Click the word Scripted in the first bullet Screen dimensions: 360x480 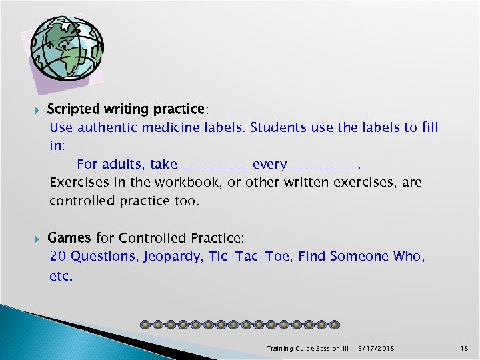click(72, 109)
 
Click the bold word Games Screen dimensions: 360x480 click(70, 237)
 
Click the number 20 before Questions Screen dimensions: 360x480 click(57, 256)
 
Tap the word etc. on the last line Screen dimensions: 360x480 click(61, 275)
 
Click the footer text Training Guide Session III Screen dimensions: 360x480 click(307, 348)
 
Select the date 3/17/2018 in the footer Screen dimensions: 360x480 click(376, 348)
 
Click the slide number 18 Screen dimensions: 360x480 click(465, 348)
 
